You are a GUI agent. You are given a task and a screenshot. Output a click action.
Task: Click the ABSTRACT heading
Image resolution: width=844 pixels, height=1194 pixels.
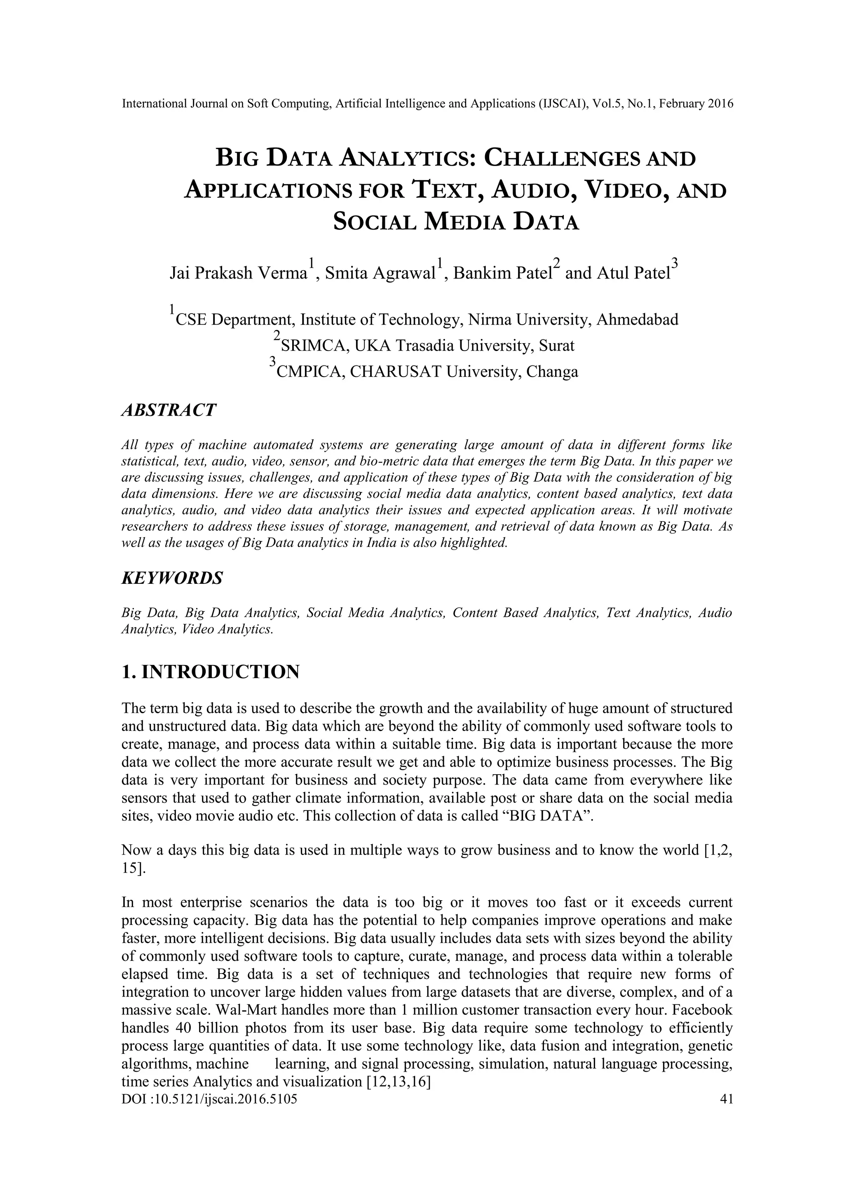168,410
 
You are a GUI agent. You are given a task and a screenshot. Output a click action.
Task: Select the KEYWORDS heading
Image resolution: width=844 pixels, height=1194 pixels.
172,578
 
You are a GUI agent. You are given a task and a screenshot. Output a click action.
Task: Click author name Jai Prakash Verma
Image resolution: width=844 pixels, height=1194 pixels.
238,273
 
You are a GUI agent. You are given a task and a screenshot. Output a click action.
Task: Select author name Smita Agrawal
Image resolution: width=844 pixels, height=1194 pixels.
380,273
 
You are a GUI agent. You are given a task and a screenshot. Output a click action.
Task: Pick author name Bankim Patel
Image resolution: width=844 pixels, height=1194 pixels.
501,273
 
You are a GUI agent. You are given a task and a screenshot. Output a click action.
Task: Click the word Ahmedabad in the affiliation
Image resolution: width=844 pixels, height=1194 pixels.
637,319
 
